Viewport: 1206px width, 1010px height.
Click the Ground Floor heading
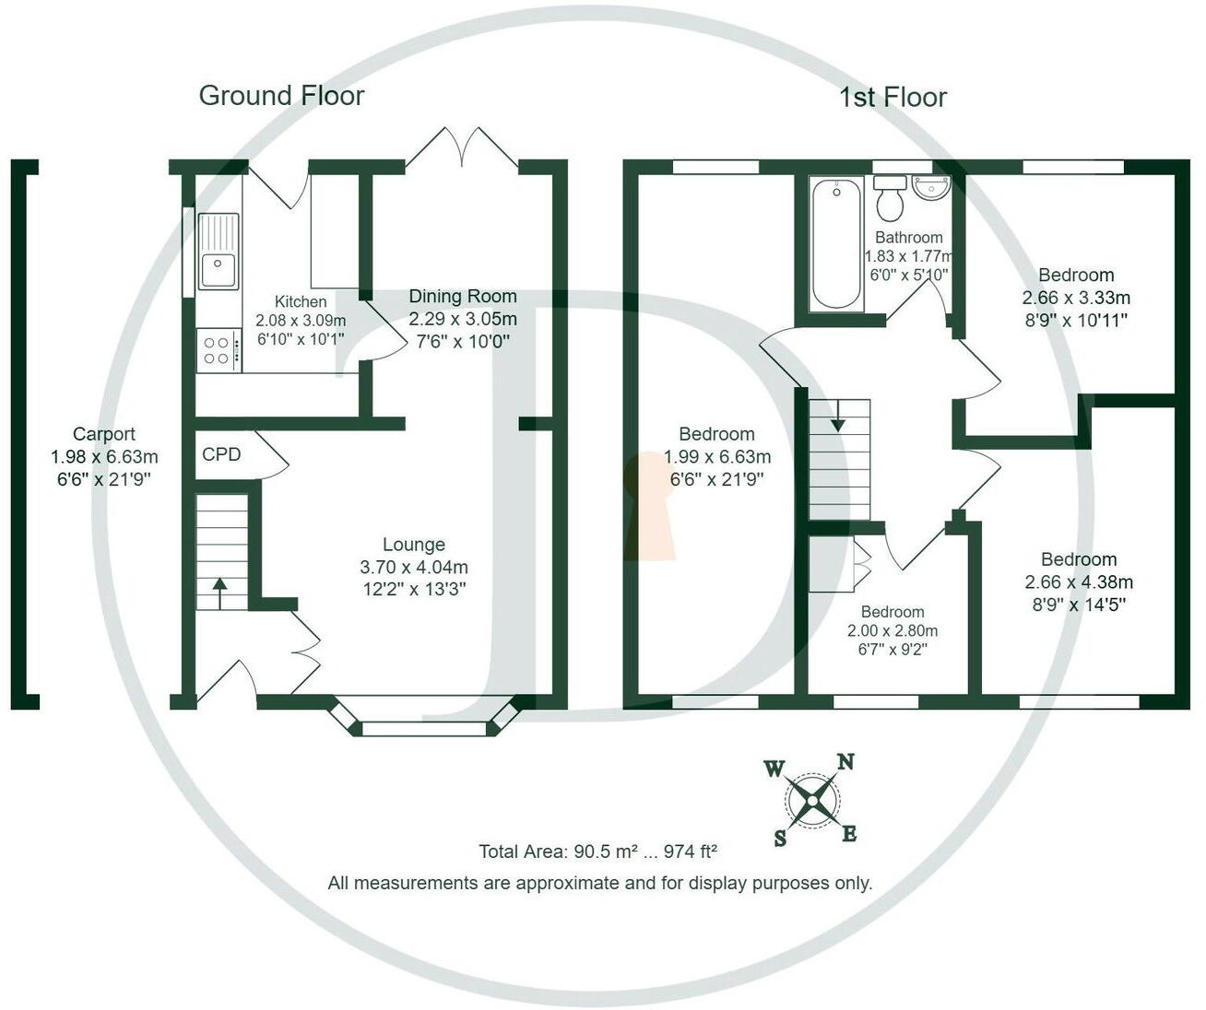tap(281, 96)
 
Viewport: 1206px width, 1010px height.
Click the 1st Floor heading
tap(893, 97)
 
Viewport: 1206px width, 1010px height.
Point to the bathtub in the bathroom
tap(836, 244)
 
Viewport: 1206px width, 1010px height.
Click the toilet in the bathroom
tap(890, 199)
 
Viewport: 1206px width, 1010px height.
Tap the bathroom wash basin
tap(930, 188)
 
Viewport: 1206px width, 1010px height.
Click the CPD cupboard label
tap(221, 454)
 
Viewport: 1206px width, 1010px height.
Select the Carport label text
tap(104, 434)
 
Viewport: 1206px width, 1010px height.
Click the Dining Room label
tap(463, 296)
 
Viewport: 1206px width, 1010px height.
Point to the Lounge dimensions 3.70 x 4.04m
tap(414, 567)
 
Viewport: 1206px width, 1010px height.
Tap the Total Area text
tap(597, 851)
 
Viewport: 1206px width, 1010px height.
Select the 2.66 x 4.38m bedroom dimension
tap(1079, 581)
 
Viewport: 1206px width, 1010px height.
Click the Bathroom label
tap(909, 237)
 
